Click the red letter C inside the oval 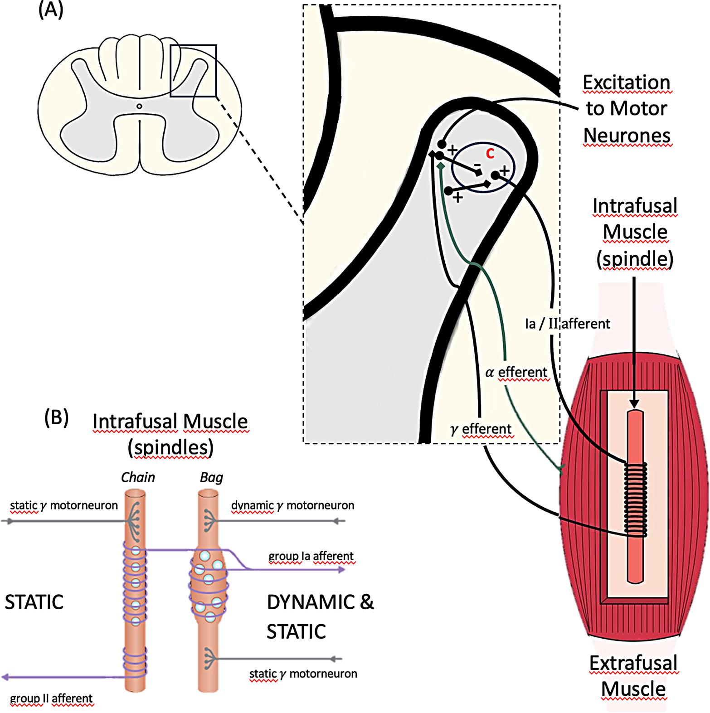click(x=490, y=154)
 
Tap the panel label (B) click(x=56, y=417)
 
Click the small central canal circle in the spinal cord click(x=139, y=107)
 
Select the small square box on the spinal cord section click(x=193, y=71)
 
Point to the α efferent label click(x=516, y=373)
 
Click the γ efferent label click(x=481, y=429)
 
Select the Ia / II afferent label click(x=567, y=324)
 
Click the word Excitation click(x=626, y=82)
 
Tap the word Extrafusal click(x=633, y=663)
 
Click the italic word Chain click(x=138, y=477)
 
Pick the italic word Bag click(x=211, y=477)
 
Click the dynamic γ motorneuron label click(x=292, y=505)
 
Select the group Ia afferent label click(x=311, y=556)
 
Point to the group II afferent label click(x=51, y=698)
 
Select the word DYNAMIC click(x=311, y=602)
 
